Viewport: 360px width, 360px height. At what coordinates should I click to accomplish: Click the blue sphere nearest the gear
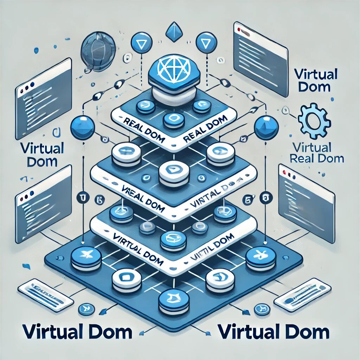(x=266, y=128)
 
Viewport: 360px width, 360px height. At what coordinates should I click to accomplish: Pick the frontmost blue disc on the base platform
(x=172, y=301)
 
